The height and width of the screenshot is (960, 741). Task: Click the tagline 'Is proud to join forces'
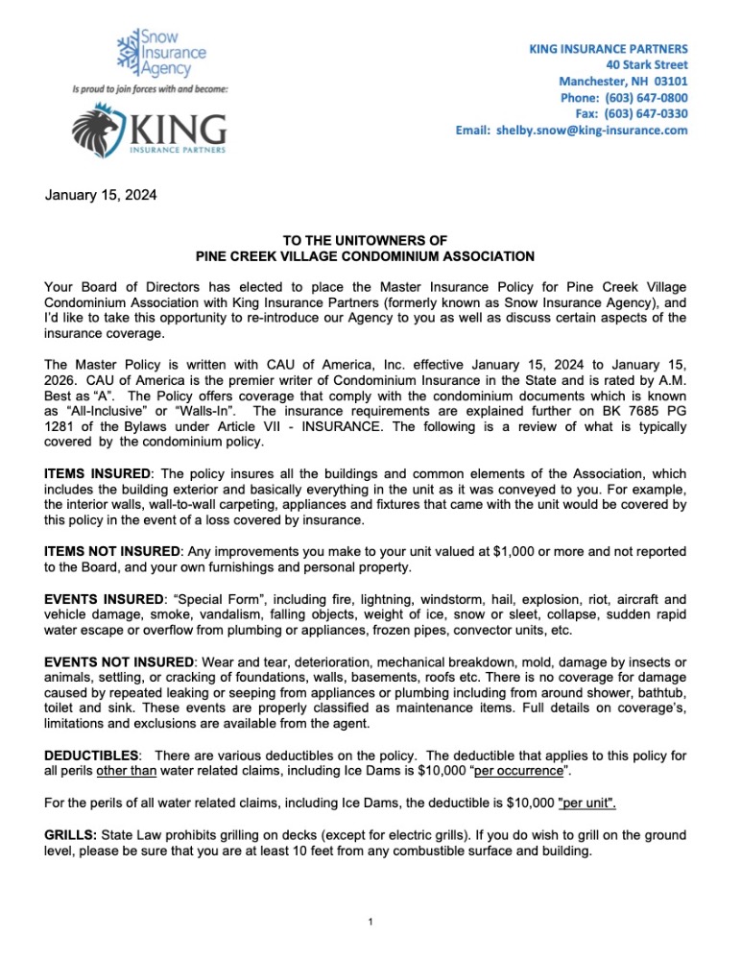149,89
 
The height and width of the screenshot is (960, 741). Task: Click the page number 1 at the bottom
370,924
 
